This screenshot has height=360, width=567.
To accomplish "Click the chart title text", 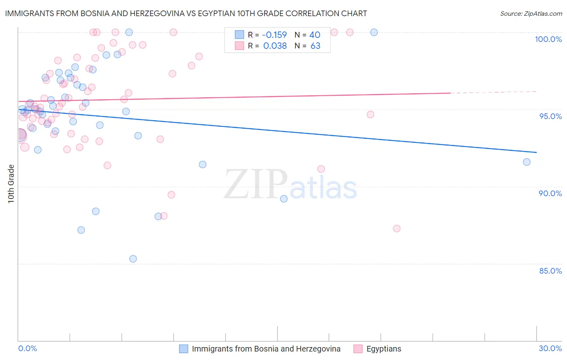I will point(186,13).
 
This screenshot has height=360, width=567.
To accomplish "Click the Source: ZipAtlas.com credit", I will point(531,13).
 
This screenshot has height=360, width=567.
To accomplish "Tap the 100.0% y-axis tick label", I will point(548,39).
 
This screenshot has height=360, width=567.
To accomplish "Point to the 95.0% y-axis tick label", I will point(550,116).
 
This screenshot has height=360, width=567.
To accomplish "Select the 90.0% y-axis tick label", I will point(550,193).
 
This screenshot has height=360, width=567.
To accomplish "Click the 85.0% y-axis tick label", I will point(550,271).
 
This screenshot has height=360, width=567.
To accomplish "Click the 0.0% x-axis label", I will point(28,348).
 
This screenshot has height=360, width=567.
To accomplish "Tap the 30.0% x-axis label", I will point(550,348).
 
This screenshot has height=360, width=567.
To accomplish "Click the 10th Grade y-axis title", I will point(11,184).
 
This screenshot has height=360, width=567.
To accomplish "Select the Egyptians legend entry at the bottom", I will point(384,349).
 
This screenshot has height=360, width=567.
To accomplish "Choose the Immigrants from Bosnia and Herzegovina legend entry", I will point(266,349).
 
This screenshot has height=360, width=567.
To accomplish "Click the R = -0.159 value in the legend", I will point(267,35).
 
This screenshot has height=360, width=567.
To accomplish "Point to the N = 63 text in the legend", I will point(307,46).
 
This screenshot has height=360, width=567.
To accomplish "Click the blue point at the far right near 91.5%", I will point(527,162).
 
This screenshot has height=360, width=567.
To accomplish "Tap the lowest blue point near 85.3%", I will point(133,259).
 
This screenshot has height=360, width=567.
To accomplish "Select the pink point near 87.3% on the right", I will point(397,228).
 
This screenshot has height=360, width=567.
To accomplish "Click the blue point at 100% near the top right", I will point(374,32).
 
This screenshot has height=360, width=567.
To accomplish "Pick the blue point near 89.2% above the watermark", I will point(284,199).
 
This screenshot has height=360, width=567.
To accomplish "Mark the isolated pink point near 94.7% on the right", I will point(371,115).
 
